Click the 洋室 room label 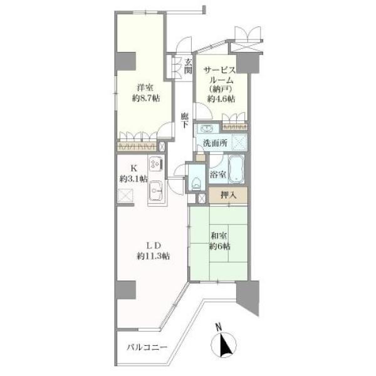(x=145, y=88)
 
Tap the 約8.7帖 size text (x=146, y=98)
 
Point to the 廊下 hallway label (x=184, y=120)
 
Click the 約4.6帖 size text (x=221, y=99)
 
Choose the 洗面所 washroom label (x=215, y=143)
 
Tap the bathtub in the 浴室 (x=236, y=169)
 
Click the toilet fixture (x=196, y=184)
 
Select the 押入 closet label (x=229, y=196)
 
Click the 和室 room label (x=219, y=236)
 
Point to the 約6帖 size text (x=220, y=246)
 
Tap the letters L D (x=154, y=246)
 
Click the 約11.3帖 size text (x=153, y=256)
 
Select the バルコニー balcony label (x=147, y=347)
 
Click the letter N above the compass (x=219, y=326)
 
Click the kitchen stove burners (x=156, y=165)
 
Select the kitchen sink (x=156, y=190)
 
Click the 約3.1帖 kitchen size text (x=133, y=179)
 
